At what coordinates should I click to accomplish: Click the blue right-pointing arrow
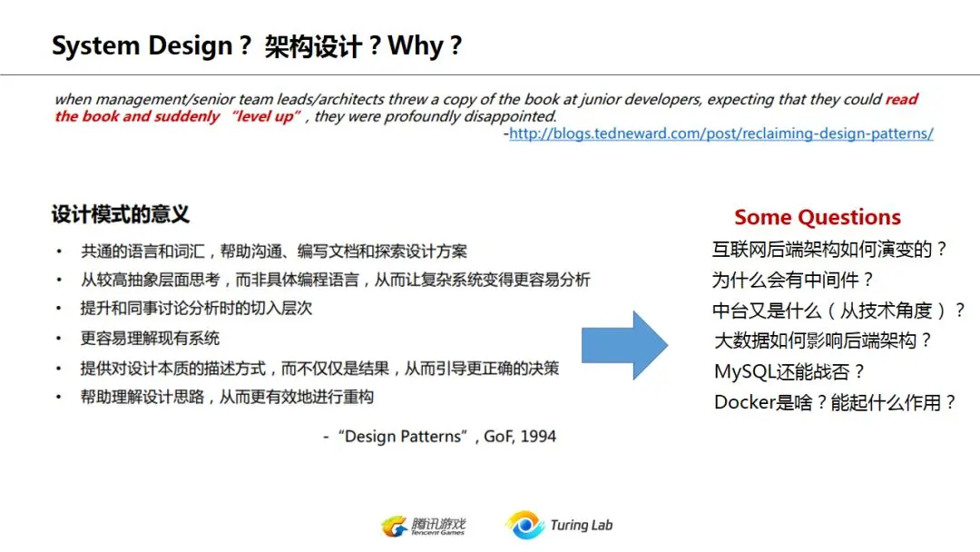pyautogui.click(x=624, y=345)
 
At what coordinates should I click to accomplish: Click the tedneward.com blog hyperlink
pyautogui.click(x=721, y=133)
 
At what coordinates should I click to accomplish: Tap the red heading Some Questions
pyautogui.click(x=818, y=217)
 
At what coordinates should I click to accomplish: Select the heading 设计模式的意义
pyautogui.click(x=121, y=214)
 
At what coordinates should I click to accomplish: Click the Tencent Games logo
pyautogui.click(x=423, y=527)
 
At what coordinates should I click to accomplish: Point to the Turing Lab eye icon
pyautogui.click(x=525, y=525)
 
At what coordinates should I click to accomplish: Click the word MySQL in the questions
pyautogui.click(x=744, y=372)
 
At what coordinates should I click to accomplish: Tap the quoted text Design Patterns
pyautogui.click(x=403, y=437)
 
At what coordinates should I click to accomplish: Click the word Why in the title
pyautogui.click(x=416, y=46)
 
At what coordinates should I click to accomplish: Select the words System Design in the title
pyautogui.click(x=142, y=46)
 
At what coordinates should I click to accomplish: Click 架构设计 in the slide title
pyautogui.click(x=313, y=47)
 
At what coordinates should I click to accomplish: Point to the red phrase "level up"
pyautogui.click(x=266, y=116)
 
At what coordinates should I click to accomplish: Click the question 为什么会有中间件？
pyautogui.click(x=792, y=280)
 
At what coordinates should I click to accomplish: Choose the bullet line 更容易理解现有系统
pyautogui.click(x=150, y=339)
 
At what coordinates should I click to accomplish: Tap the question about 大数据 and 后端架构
pyautogui.click(x=823, y=340)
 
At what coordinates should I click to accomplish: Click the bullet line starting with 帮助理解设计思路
pyautogui.click(x=227, y=397)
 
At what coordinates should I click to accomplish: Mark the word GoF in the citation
pyautogui.click(x=498, y=437)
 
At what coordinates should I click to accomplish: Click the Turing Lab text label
pyautogui.click(x=582, y=525)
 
